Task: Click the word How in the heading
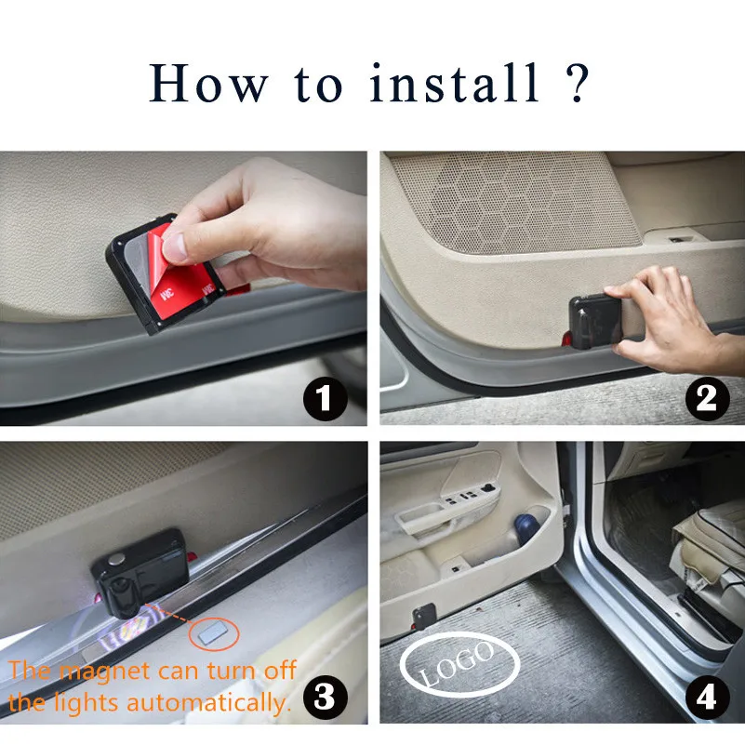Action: click(x=207, y=83)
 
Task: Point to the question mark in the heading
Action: click(x=578, y=83)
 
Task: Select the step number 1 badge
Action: click(x=325, y=398)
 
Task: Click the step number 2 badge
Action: click(x=707, y=398)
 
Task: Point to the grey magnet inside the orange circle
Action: click(x=213, y=633)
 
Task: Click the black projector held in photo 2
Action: click(x=596, y=321)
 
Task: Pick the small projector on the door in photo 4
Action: click(x=424, y=617)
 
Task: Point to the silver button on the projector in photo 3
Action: click(x=117, y=559)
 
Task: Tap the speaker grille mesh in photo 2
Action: click(x=513, y=202)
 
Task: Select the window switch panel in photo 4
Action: click(x=471, y=496)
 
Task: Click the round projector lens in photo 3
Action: click(x=122, y=600)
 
